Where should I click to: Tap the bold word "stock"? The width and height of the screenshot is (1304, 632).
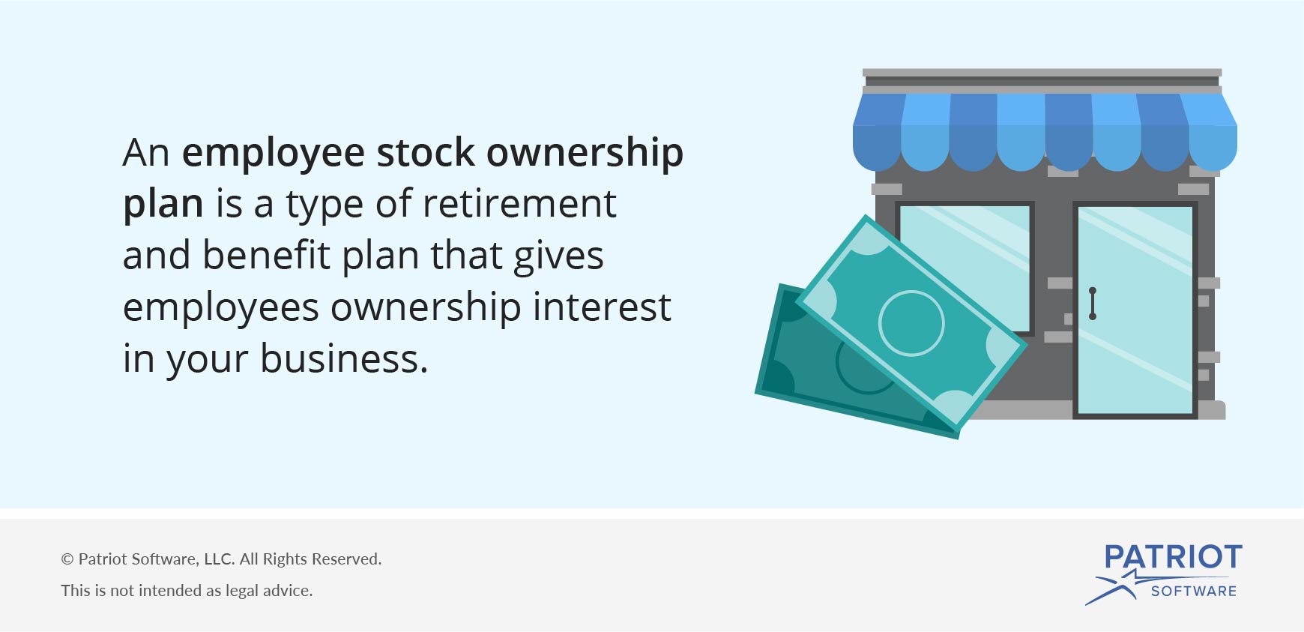pyautogui.click(x=426, y=152)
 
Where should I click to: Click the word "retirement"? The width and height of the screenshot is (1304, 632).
pyautogui.click(x=519, y=204)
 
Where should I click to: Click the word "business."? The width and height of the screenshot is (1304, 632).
pyautogui.click(x=344, y=358)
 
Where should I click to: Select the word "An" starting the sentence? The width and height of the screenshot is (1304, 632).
pyautogui.click(x=146, y=153)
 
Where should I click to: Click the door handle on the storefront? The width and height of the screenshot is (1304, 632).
pyautogui.click(x=1093, y=303)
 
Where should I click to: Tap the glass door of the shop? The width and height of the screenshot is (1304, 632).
pyautogui.click(x=1135, y=310)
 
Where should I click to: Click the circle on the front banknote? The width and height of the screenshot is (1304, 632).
pyautogui.click(x=911, y=323)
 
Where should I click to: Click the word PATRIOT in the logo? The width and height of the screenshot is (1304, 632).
pyautogui.click(x=1173, y=557)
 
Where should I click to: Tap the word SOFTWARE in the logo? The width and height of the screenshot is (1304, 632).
pyautogui.click(x=1194, y=591)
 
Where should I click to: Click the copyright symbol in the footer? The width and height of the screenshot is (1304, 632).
pyautogui.click(x=67, y=559)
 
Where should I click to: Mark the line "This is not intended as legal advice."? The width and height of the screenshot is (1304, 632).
pyautogui.click(x=187, y=591)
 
